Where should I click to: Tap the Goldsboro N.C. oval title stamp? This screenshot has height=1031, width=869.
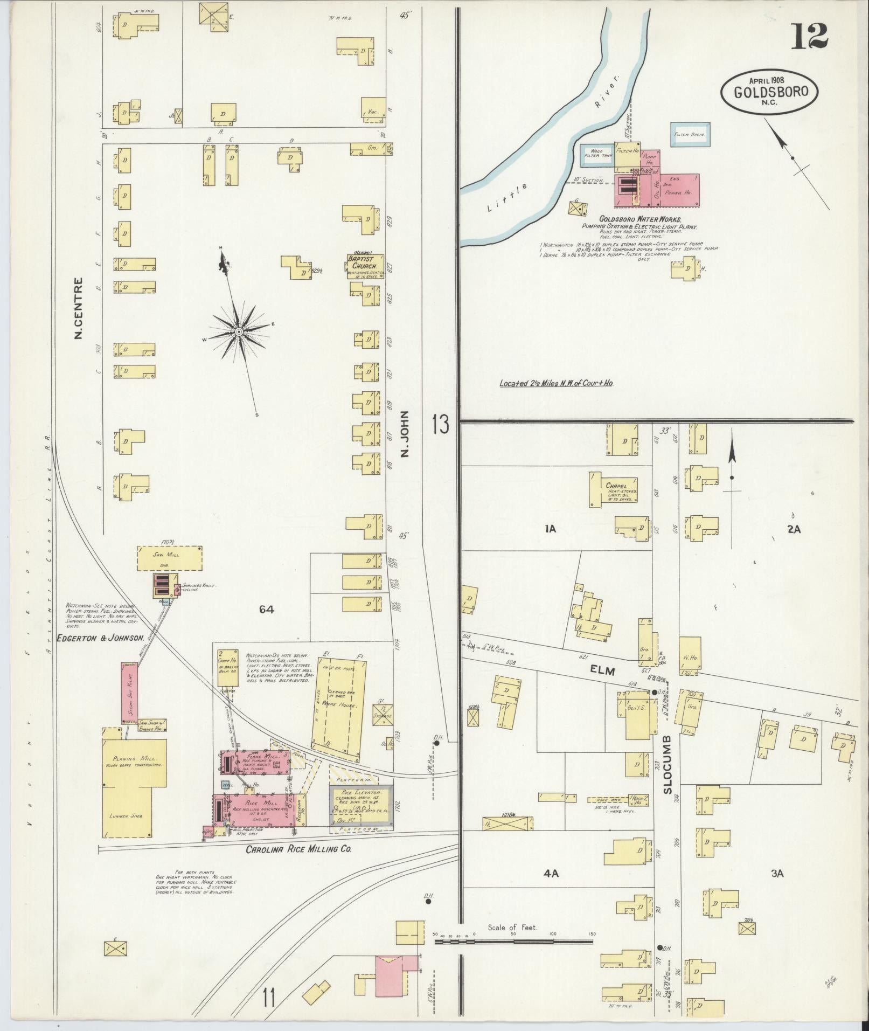769,93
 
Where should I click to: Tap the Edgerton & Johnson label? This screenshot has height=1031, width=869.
101,637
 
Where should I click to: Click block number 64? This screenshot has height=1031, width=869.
266,610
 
